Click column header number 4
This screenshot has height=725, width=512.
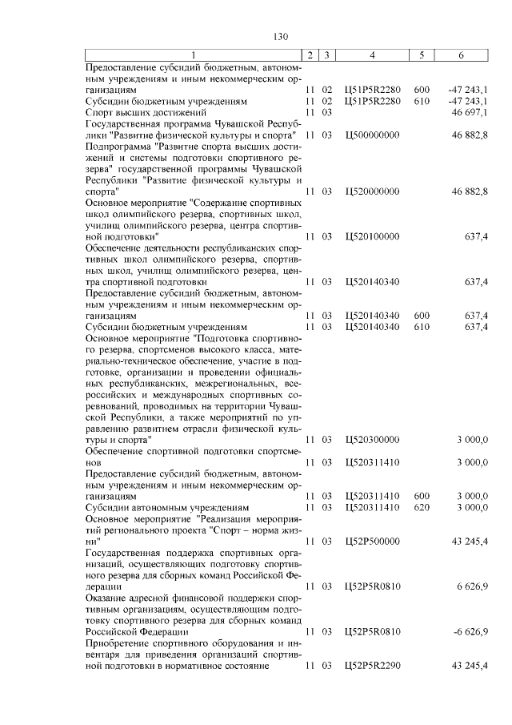tap(372, 54)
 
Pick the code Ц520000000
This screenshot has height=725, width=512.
tap(370, 192)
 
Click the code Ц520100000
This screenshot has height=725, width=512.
tap(370, 237)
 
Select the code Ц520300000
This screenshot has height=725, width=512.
tap(370, 440)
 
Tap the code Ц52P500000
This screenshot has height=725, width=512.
tap(370, 542)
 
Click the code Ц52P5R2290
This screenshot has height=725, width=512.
tap(372, 665)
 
